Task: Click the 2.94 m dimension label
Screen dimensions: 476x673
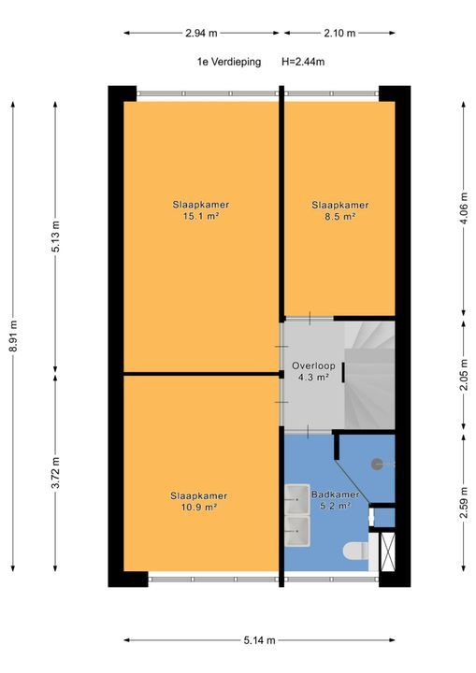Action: [201, 33]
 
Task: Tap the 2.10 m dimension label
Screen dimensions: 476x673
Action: [339, 33]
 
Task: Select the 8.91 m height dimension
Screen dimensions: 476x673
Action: [13, 336]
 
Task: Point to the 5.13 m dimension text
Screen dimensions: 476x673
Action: [56, 236]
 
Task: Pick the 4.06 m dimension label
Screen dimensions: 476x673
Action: [464, 208]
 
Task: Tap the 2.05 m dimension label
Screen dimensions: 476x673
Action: [464, 375]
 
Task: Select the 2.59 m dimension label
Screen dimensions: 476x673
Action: [464, 503]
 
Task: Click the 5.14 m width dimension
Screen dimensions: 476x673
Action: [259, 640]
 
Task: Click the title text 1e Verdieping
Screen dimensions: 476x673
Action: [229, 62]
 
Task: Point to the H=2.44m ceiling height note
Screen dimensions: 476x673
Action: [303, 62]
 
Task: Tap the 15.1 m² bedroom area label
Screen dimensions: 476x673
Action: [201, 216]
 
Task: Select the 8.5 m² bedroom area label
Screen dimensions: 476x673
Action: [339, 217]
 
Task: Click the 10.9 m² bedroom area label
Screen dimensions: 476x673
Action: [198, 508]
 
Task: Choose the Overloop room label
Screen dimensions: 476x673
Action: [313, 365]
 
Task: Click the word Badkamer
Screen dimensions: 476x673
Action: [336, 494]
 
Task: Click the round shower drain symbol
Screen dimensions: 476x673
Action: [377, 464]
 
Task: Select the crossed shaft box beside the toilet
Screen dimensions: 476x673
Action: [387, 551]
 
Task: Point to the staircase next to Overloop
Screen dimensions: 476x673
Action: [369, 375]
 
